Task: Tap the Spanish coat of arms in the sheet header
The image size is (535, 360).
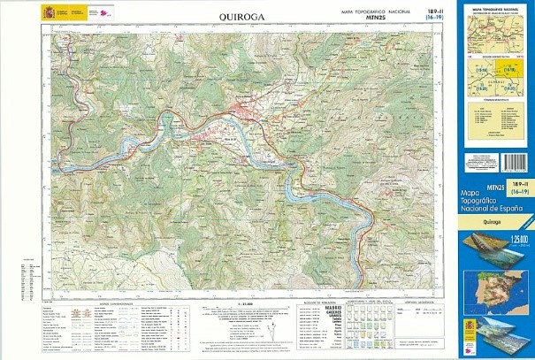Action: pyautogui.click(x=47, y=12)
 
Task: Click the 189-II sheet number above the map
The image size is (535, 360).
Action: pyautogui.click(x=433, y=10)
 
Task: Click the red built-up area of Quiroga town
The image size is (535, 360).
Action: pyautogui.click(x=242, y=112)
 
